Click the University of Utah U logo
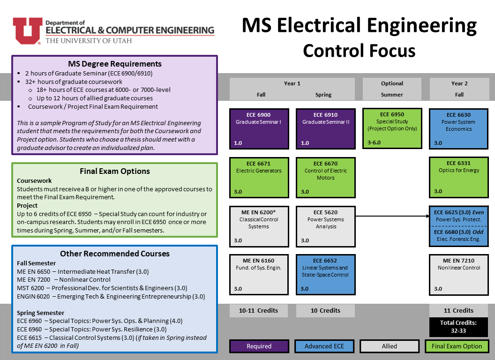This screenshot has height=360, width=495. (x=26, y=30)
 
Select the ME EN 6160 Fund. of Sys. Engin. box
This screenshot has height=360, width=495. (x=259, y=275)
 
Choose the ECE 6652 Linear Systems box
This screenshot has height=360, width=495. (x=325, y=275)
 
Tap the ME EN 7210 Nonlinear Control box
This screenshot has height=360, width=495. (x=458, y=275)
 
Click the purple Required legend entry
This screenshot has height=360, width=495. (x=259, y=346)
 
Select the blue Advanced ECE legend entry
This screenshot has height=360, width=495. (x=324, y=346)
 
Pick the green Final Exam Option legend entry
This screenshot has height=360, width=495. (x=457, y=346)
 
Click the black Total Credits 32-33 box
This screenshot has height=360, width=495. (x=458, y=327)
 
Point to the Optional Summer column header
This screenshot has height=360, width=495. (x=392, y=89)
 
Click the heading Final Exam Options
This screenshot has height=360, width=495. (x=114, y=171)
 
